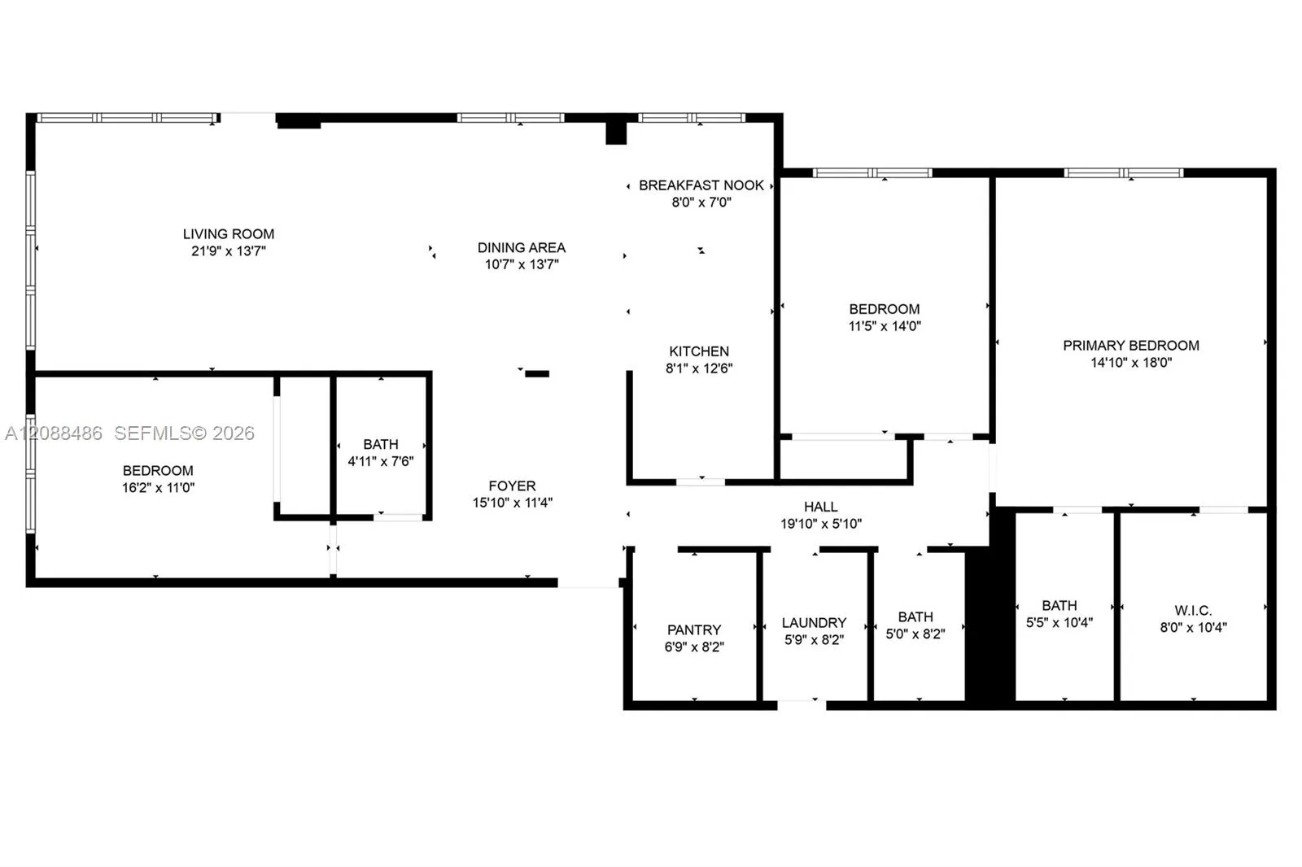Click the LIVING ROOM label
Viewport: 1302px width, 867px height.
tap(229, 234)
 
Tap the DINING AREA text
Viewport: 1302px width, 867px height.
tap(522, 247)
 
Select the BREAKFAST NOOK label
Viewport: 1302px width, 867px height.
tap(701, 185)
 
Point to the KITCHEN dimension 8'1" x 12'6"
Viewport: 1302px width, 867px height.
tap(699, 368)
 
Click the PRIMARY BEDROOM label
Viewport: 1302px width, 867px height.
tap(1130, 346)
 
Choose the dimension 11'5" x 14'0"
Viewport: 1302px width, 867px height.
tap(885, 326)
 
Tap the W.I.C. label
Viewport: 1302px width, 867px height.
tap(1193, 611)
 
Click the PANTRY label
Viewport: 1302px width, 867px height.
tap(694, 630)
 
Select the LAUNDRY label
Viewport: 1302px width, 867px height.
tap(814, 623)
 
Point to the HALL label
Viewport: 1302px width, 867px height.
tap(821, 507)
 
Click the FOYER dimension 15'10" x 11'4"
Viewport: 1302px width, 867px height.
tap(512, 503)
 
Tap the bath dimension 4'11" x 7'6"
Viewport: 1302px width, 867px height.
tap(381, 461)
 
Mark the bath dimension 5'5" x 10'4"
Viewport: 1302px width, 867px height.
tap(1059, 623)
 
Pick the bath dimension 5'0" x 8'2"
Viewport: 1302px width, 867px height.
tap(915, 634)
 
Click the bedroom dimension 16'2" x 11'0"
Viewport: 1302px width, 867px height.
tap(158, 487)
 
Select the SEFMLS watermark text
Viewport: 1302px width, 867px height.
tap(184, 433)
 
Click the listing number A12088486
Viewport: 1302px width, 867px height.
tap(54, 433)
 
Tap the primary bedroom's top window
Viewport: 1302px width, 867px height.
tap(1124, 172)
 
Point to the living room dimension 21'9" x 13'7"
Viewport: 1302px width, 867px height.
tap(229, 251)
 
